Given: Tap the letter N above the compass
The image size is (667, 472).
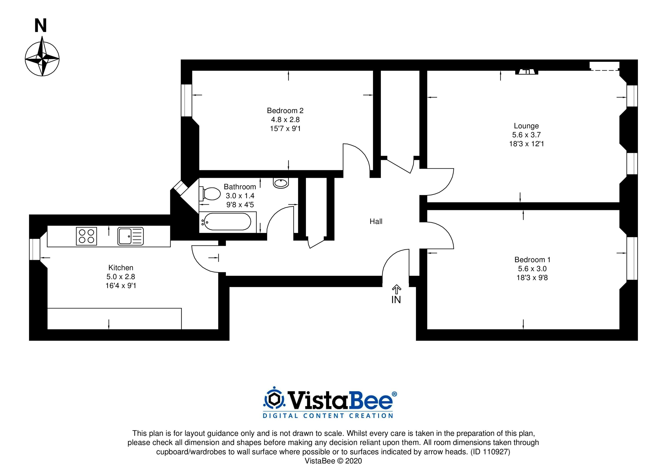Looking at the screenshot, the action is pyautogui.click(x=41, y=26).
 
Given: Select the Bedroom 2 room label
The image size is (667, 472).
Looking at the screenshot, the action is pyautogui.click(x=285, y=110).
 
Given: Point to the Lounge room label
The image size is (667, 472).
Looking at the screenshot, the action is pyautogui.click(x=526, y=126).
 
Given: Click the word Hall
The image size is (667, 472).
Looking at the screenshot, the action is pyautogui.click(x=376, y=222).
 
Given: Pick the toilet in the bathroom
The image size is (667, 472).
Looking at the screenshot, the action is pyautogui.click(x=210, y=194).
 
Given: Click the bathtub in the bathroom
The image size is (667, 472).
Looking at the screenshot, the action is pyautogui.click(x=227, y=222).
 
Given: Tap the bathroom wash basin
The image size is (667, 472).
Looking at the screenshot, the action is pyautogui.click(x=281, y=183).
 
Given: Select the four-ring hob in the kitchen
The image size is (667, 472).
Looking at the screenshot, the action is pyautogui.click(x=86, y=236).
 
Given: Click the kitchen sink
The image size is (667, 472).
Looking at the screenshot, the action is pyautogui.click(x=131, y=236).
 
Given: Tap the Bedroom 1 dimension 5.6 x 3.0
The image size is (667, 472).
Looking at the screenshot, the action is pyautogui.click(x=532, y=269).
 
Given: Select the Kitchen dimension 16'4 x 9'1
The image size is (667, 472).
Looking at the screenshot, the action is pyautogui.click(x=121, y=286).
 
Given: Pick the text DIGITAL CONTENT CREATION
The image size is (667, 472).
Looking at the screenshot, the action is pyautogui.click(x=328, y=416).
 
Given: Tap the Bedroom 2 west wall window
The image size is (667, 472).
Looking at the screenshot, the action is pyautogui.click(x=187, y=100).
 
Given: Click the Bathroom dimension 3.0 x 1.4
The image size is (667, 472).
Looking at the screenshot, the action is pyautogui.click(x=240, y=196).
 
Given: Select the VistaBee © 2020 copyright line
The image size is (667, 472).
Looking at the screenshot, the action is pyautogui.click(x=333, y=461).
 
